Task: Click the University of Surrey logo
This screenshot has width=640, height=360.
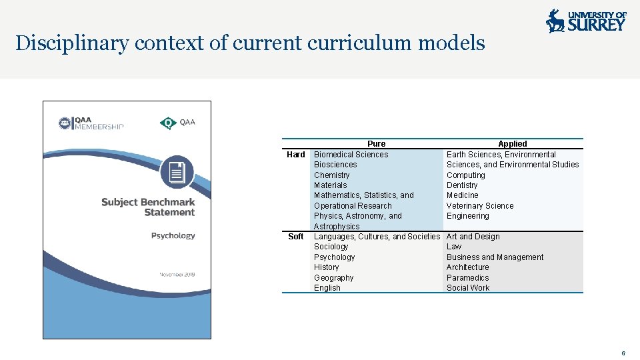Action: (586, 21)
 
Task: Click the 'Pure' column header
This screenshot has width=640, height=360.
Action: (376, 144)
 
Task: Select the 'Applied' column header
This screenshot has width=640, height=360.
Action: (512, 144)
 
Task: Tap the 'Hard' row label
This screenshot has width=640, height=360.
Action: (295, 155)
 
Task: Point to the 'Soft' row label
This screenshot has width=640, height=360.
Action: (295, 237)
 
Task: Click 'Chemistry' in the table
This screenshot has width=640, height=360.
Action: (331, 175)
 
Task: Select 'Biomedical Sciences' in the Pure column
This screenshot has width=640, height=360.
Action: (351, 155)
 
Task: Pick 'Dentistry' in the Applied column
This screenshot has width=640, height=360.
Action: (462, 185)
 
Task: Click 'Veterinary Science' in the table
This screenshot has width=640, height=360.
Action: (480, 206)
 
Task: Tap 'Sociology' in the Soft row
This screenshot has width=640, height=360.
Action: (331, 247)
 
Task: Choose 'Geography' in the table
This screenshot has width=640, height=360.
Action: (333, 278)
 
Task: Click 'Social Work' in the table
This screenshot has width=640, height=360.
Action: (467, 288)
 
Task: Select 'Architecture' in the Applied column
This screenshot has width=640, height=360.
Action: (467, 267)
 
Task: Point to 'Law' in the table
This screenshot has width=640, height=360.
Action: (453, 247)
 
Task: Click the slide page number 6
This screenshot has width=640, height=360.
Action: (623, 353)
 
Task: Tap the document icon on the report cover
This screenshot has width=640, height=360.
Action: (177, 173)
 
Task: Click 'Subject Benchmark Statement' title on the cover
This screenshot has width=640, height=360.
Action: (148, 207)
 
